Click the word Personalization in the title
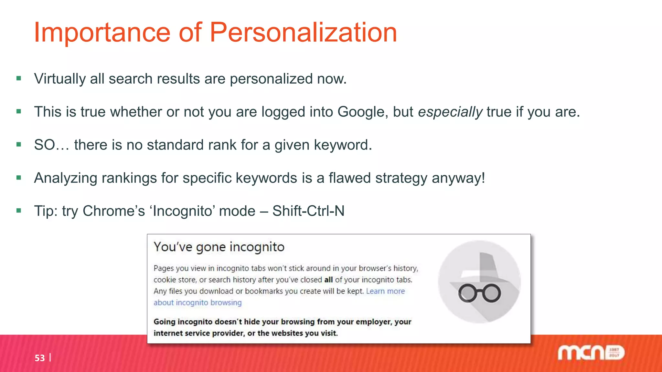(303, 32)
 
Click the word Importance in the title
(102, 32)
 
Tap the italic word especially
(450, 112)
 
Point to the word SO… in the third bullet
(51, 145)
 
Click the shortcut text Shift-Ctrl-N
(308, 211)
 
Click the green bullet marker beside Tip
(19, 211)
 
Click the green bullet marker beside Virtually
(19, 78)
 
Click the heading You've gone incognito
(219, 247)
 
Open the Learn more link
(385, 291)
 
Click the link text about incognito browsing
(198, 303)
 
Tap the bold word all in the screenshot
(328, 280)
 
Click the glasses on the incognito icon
(479, 293)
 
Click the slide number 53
(40, 358)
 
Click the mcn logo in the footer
(590, 353)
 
